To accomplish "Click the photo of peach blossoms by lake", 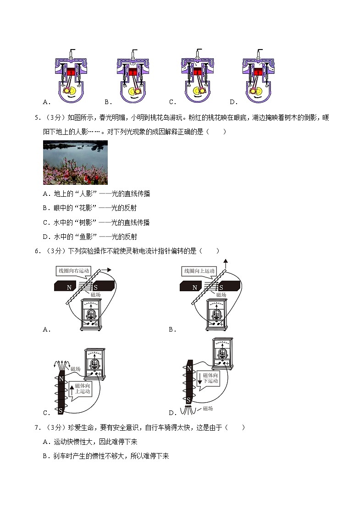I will pyautogui.click(x=75, y=162).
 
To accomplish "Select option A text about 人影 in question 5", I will pyautogui.click(x=96, y=194).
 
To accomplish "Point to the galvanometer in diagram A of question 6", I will pyautogui.click(x=91, y=315).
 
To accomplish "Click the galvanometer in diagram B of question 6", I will pyautogui.click(x=217, y=314).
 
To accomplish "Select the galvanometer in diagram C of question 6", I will pyautogui.click(x=94, y=365).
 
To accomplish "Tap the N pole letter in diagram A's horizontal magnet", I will pyautogui.click(x=69, y=288).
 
